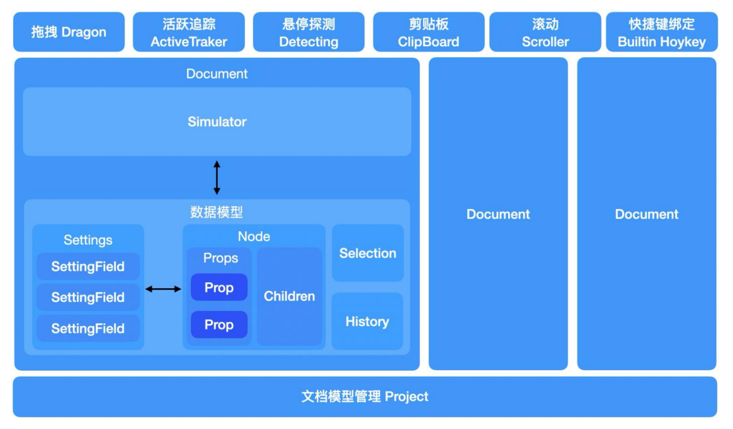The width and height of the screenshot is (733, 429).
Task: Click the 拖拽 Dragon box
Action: point(69,32)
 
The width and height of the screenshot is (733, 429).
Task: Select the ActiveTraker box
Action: point(189,32)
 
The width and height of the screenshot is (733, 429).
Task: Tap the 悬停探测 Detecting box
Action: point(308,32)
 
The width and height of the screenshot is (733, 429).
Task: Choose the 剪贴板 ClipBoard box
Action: point(429,32)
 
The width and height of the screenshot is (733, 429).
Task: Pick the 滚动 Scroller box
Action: point(545,32)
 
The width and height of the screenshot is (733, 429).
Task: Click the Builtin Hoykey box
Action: point(662,32)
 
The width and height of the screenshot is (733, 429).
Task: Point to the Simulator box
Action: point(217,122)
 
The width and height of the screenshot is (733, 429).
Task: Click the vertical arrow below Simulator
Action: point(216,177)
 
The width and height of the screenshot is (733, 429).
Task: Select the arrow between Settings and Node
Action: point(163,289)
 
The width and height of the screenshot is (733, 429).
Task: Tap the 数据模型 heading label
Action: point(216,212)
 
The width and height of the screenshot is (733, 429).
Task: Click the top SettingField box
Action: point(88,266)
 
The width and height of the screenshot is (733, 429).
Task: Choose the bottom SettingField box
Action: point(88,328)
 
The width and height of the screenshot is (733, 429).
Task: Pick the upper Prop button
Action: point(219,287)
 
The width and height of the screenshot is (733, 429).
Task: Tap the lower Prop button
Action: point(219,325)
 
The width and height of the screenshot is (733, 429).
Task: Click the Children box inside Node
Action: point(289,296)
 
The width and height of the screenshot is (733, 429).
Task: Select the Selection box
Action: point(368,253)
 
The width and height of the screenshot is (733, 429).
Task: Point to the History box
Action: point(367,321)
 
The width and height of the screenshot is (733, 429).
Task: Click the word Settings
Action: point(88,240)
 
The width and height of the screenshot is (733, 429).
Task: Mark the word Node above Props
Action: point(254,236)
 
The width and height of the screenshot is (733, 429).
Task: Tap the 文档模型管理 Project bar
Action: point(365,396)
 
